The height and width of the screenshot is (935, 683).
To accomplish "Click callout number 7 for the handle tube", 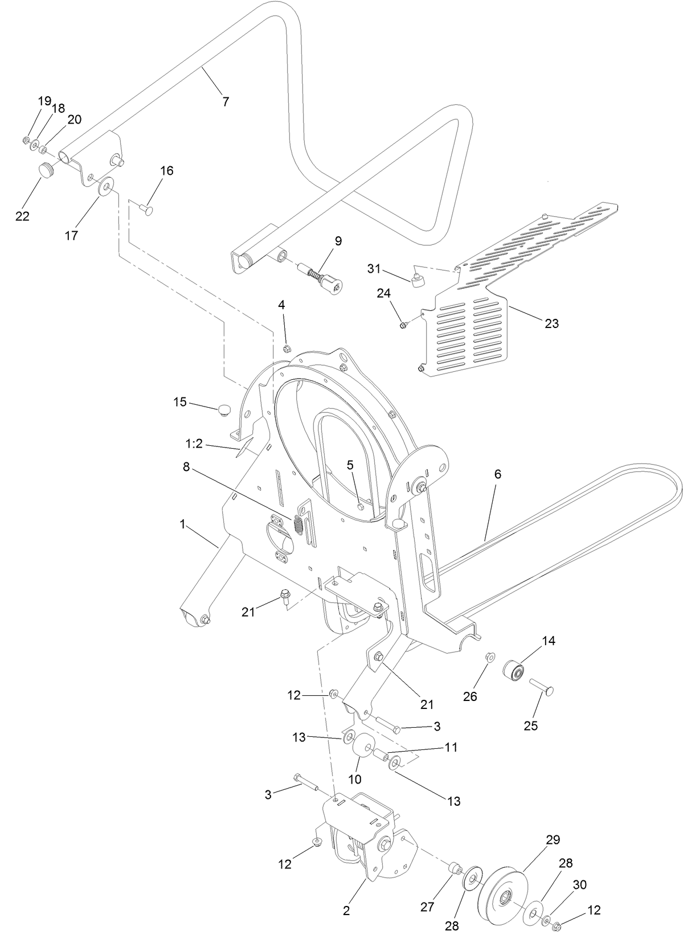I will point(226,102).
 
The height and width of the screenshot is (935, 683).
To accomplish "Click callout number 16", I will point(166,171).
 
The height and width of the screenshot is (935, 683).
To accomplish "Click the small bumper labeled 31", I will point(419,280).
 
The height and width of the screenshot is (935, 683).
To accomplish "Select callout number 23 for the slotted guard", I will point(551,323).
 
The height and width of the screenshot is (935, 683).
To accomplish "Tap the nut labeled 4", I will point(288,348).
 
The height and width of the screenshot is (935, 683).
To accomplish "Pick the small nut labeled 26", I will point(490,658).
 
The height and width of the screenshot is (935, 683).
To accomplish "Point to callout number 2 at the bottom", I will point(346,910).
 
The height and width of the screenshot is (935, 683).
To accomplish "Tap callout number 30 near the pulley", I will point(579,884).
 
